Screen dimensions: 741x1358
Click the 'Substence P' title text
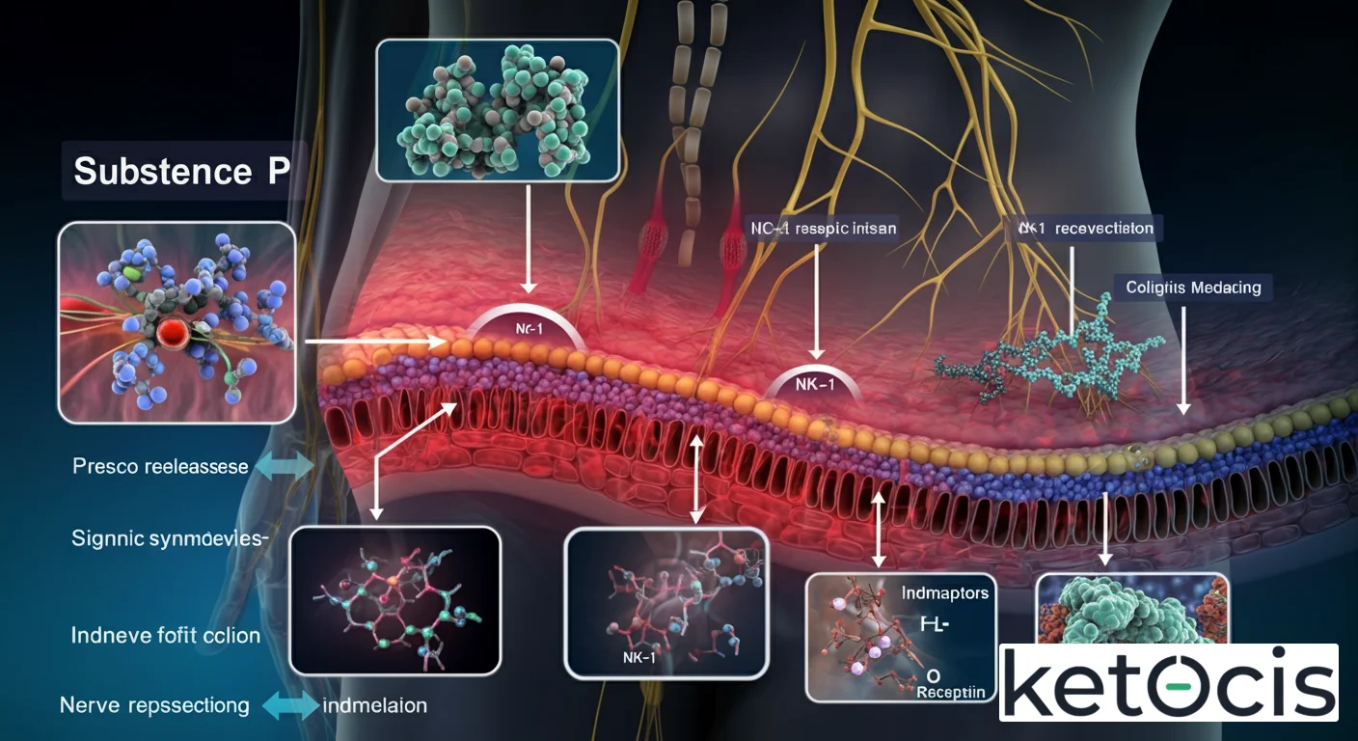(x=181, y=171)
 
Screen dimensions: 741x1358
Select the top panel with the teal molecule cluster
(x=497, y=110)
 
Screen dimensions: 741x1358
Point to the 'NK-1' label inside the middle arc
(x=816, y=385)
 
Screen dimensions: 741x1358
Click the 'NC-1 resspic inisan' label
(x=823, y=230)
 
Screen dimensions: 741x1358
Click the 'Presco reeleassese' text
(x=160, y=467)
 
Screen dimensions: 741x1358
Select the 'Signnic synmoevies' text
(x=169, y=538)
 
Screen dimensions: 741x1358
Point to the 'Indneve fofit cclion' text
(x=166, y=635)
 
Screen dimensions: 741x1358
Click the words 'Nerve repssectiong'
(x=154, y=705)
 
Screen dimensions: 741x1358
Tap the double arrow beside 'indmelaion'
(x=290, y=706)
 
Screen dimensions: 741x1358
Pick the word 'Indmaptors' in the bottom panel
(x=945, y=592)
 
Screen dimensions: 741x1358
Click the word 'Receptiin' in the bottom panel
(x=951, y=692)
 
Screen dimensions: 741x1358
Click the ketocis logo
(x=1168, y=682)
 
